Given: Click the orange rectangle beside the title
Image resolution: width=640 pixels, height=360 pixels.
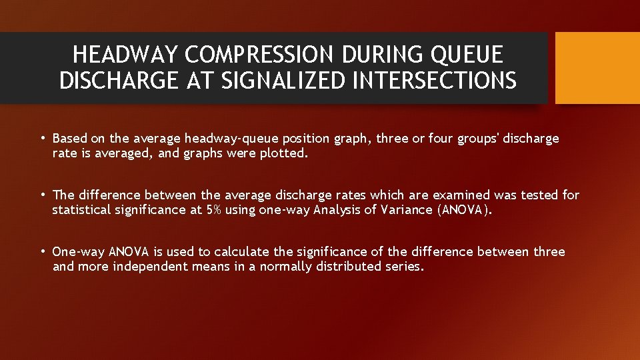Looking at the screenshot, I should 597,68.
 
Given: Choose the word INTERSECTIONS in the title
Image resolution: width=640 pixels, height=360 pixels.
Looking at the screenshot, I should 436,81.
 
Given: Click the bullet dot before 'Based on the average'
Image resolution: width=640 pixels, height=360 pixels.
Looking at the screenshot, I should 42,139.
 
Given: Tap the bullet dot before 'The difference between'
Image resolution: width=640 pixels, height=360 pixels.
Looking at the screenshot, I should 42,195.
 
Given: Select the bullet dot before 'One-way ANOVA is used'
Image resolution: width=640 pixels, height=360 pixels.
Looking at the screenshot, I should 42,252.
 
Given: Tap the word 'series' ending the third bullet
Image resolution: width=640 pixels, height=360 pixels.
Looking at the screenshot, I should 405,267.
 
